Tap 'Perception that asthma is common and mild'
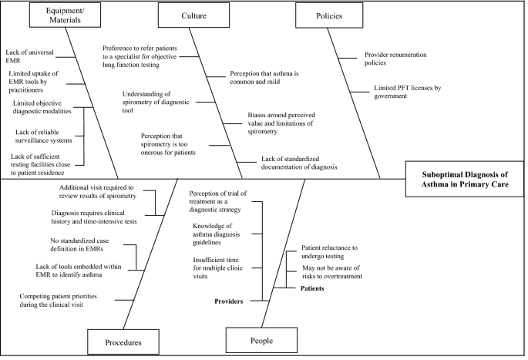(266, 79)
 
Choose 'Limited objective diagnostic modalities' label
(42, 107)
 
